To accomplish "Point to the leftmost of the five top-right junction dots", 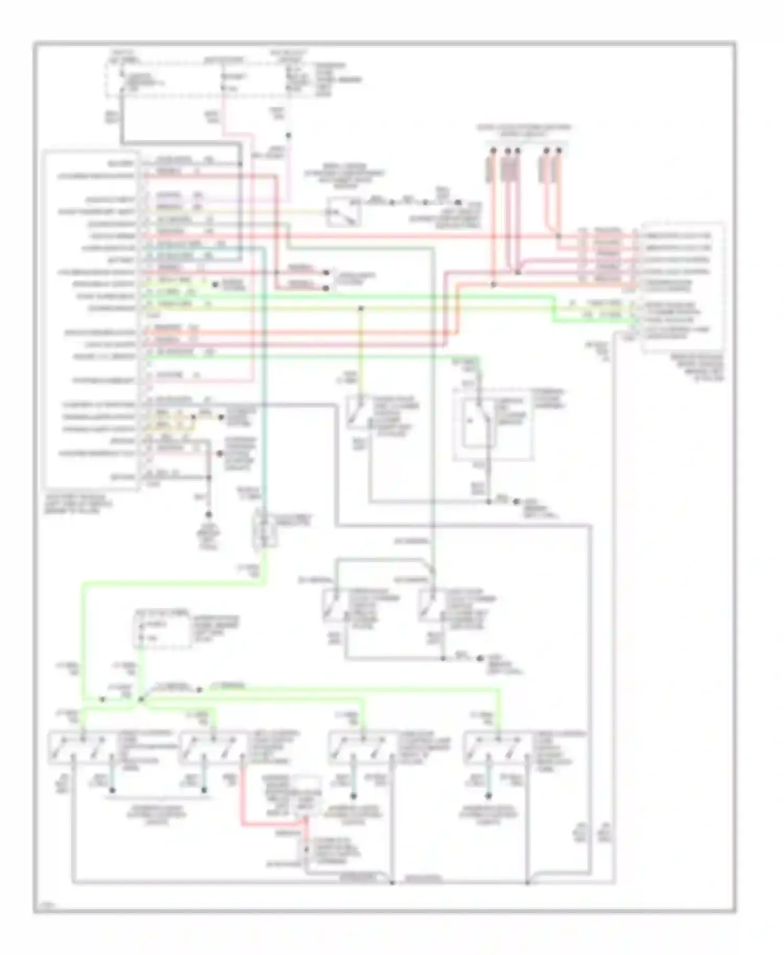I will click(x=492, y=151).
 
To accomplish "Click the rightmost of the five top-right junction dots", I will click(x=559, y=151).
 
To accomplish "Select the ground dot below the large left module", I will click(x=208, y=515).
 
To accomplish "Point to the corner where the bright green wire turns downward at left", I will click(x=83, y=583).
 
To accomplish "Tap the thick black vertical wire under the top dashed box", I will click(x=121, y=123).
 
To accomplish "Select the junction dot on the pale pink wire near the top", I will click(x=288, y=135).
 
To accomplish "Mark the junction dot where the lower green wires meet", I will click(x=141, y=699).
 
